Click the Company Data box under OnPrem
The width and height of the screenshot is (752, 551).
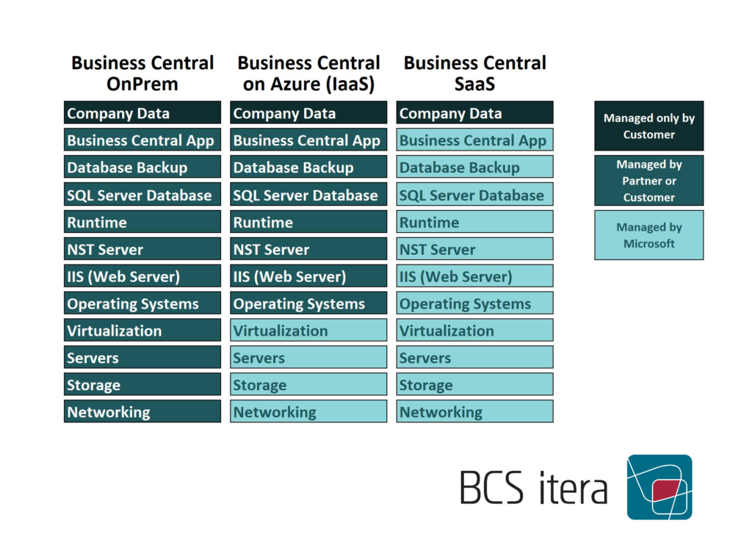pos(142,113)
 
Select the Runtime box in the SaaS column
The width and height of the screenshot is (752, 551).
pos(475,222)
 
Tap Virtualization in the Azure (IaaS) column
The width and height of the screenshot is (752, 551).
pos(308,330)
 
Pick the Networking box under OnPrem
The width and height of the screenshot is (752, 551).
pos(142,411)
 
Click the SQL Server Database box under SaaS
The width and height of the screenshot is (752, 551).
pos(475,195)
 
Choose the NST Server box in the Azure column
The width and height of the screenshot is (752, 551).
pos(308,249)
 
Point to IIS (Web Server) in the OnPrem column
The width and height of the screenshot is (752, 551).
pos(142,276)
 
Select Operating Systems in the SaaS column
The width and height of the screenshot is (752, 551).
pos(475,303)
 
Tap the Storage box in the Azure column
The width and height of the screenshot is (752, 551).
pos(308,384)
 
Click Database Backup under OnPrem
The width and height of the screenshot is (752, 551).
pos(142,167)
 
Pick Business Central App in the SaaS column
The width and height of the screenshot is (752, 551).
pos(475,140)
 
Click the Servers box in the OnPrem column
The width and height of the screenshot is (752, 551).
pos(142,357)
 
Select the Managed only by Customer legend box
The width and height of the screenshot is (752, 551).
pos(649,126)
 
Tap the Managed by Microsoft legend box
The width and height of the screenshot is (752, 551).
pos(649,235)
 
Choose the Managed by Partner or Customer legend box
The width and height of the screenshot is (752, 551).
pos(649,181)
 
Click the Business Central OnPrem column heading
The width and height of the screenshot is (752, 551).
pos(142,73)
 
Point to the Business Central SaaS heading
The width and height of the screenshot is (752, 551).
pos(475,73)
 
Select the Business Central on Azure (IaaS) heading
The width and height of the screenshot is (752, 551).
pos(308,73)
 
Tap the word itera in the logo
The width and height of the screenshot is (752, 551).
pos(574,488)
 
